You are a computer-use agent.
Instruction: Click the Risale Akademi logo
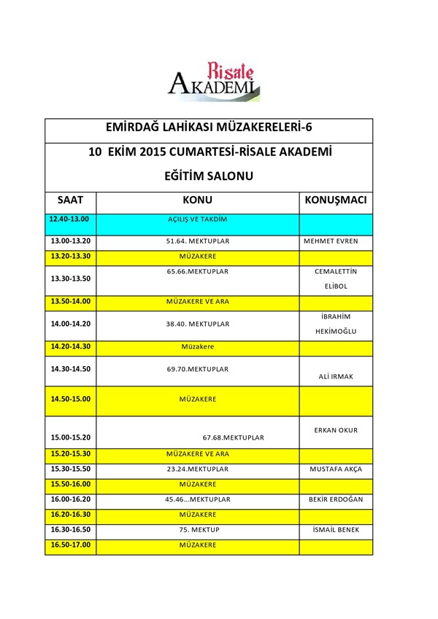[x=214, y=80]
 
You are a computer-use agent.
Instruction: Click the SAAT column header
[x=70, y=200]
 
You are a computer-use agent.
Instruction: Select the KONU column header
[x=197, y=200]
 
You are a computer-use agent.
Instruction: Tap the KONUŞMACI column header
[x=335, y=200]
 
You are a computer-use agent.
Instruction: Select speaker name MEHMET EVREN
[x=336, y=241]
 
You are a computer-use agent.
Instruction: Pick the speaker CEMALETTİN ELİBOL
[x=336, y=279]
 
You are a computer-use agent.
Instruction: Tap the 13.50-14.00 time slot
[x=70, y=301]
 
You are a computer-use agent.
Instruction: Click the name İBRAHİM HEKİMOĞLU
[x=336, y=322]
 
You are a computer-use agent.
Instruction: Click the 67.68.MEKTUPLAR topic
[x=233, y=437]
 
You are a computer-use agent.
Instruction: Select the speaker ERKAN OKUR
[x=336, y=430]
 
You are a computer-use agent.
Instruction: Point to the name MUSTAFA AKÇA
[x=336, y=469]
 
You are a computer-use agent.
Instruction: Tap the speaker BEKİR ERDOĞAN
[x=336, y=499]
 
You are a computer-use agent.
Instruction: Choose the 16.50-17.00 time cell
[x=70, y=545]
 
